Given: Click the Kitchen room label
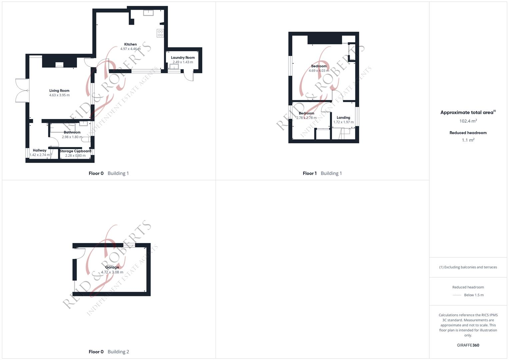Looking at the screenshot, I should [x=130, y=44].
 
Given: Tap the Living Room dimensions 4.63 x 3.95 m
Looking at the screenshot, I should [x=59, y=95].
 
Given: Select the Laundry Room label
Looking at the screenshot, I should [x=183, y=58].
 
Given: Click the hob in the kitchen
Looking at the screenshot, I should [x=160, y=33].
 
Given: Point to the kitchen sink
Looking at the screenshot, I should [x=148, y=13].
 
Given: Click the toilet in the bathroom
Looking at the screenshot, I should [x=86, y=139].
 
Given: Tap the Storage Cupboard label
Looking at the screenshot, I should [x=75, y=151].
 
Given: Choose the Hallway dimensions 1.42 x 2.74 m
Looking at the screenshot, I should [x=40, y=155].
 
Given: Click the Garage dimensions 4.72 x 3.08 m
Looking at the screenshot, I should [x=112, y=272].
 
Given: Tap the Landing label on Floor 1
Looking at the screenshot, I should [x=343, y=118].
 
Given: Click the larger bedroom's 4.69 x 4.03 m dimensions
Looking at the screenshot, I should [x=319, y=71].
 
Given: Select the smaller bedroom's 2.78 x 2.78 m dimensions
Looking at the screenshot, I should [x=306, y=118].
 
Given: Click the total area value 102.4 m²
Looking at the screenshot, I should [x=468, y=121].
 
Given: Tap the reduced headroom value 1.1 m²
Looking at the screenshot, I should [x=468, y=140].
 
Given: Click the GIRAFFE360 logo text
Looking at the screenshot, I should [x=468, y=345].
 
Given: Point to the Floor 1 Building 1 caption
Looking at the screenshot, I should [x=322, y=173].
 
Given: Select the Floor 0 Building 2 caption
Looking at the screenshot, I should [x=109, y=352].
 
